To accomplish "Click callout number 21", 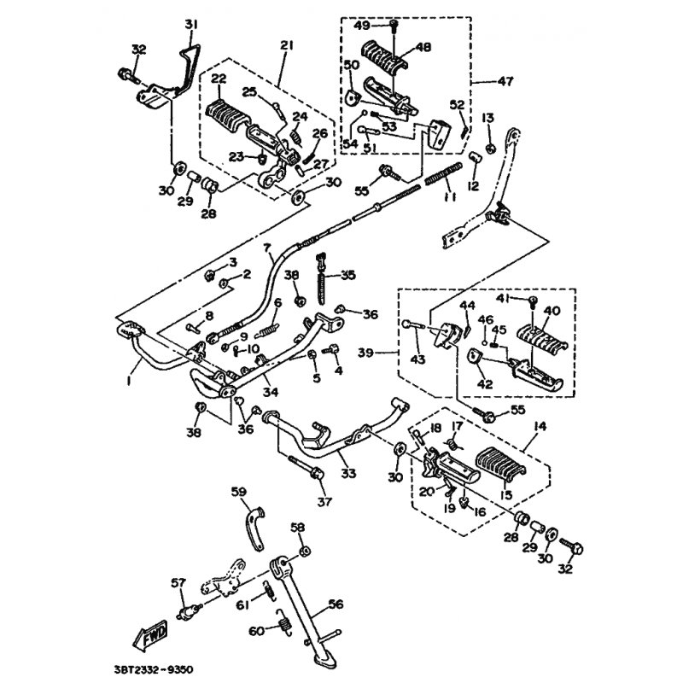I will point(285,45).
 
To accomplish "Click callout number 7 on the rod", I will point(266,248).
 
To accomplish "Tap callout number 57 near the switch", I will point(178,583).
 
